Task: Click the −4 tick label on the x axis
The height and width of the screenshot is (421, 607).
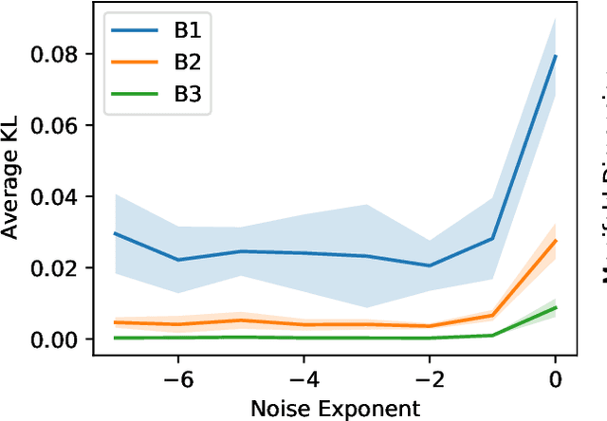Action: pyautogui.click(x=301, y=379)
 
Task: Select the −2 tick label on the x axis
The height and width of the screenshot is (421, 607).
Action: pyautogui.click(x=428, y=379)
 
